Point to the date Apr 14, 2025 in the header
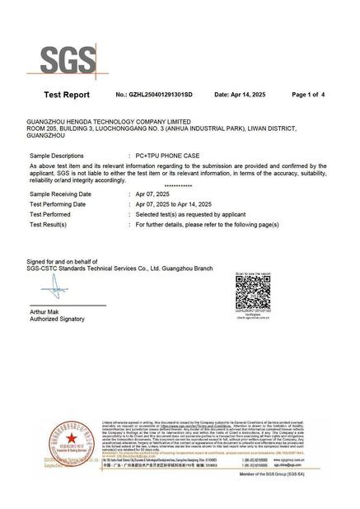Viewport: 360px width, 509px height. coord(244,95)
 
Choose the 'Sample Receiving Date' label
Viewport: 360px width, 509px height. coord(60,194)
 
